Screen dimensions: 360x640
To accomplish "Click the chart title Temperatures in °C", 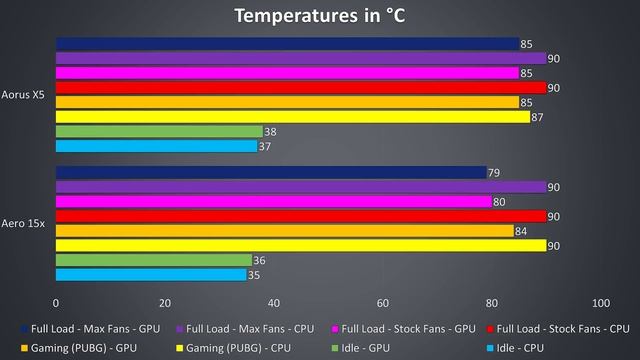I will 320,16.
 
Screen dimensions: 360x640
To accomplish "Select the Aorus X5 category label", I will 24,95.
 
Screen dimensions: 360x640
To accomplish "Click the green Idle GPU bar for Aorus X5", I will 159,131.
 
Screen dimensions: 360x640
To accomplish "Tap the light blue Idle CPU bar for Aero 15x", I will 151,274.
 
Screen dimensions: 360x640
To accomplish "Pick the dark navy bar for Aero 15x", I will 270,173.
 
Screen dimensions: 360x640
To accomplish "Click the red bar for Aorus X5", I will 301,88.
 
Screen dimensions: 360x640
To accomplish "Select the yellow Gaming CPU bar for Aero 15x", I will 301,245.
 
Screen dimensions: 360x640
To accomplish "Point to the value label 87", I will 537,117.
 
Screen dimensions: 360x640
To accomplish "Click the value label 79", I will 493,173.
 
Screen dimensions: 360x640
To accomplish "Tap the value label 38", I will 270,131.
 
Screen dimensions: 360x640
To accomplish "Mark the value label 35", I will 253,274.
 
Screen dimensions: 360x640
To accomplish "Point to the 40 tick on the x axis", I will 274,303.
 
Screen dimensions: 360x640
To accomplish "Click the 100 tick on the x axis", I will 600,303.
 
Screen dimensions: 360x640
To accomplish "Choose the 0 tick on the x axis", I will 56,303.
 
